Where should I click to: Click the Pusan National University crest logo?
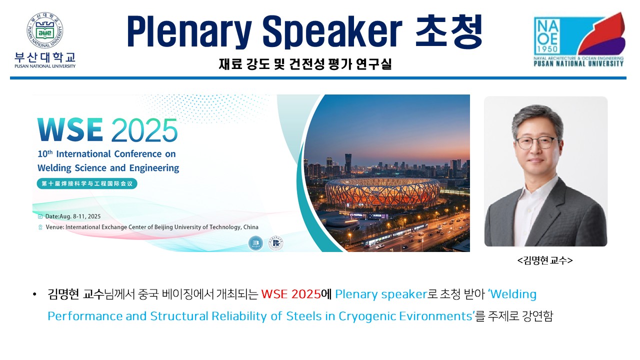45,30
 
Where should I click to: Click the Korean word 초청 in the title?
449,31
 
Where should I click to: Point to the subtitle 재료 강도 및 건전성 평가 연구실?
305,64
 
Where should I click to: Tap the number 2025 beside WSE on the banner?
144,130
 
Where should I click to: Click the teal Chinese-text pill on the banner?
87,183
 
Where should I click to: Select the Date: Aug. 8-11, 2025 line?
69,216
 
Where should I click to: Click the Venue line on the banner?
148,227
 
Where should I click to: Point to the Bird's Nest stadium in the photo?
382,192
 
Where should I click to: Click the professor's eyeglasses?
536,141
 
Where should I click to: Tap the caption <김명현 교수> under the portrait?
545,260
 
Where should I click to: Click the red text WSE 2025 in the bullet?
290,294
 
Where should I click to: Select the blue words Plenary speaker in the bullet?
378,294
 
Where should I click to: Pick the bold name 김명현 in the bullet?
63,294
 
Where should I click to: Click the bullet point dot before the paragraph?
34,294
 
